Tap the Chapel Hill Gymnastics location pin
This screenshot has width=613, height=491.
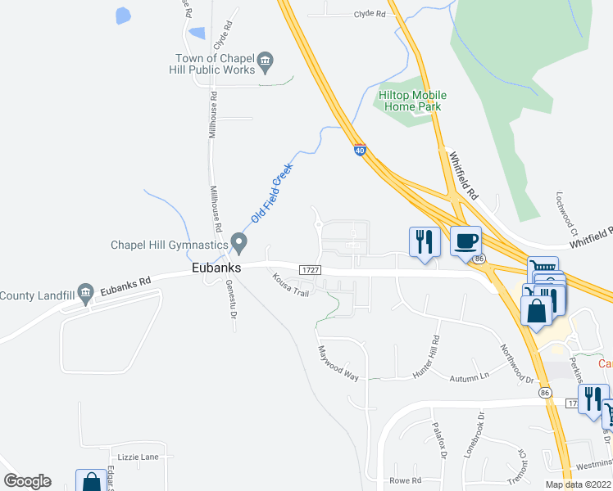coord(238,243)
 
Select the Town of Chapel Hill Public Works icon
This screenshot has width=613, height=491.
coord(265,61)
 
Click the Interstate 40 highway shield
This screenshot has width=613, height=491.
coord(361,151)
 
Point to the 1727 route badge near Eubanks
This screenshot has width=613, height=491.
coord(309,270)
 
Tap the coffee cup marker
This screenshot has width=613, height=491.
coord(465,241)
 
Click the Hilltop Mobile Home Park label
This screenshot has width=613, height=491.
coord(412,101)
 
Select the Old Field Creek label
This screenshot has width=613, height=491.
coord(273,193)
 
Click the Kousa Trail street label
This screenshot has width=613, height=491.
coord(291,286)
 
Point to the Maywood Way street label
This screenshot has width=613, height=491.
coord(338,362)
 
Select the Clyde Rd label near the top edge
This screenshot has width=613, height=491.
coord(370,14)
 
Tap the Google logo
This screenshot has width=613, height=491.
coord(27,481)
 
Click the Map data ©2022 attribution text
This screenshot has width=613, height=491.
coord(578,484)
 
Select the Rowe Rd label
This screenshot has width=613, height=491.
coord(405,480)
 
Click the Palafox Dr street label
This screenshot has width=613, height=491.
coord(441,437)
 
